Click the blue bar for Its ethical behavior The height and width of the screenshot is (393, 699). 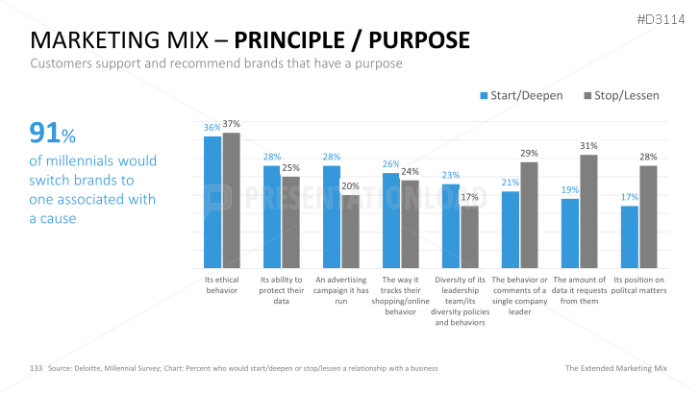pos(212,202)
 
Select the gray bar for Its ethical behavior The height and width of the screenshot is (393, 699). pos(231,200)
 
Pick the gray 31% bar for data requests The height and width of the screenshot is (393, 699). pos(588,211)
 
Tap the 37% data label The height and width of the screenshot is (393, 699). pos(231,124)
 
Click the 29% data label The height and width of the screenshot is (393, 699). pos(529,154)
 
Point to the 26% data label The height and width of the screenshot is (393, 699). pos(391,164)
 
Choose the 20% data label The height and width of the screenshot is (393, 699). pos(350,186)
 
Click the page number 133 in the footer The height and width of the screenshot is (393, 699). pos(37,368)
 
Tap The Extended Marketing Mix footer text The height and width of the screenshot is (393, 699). pos(614,368)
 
